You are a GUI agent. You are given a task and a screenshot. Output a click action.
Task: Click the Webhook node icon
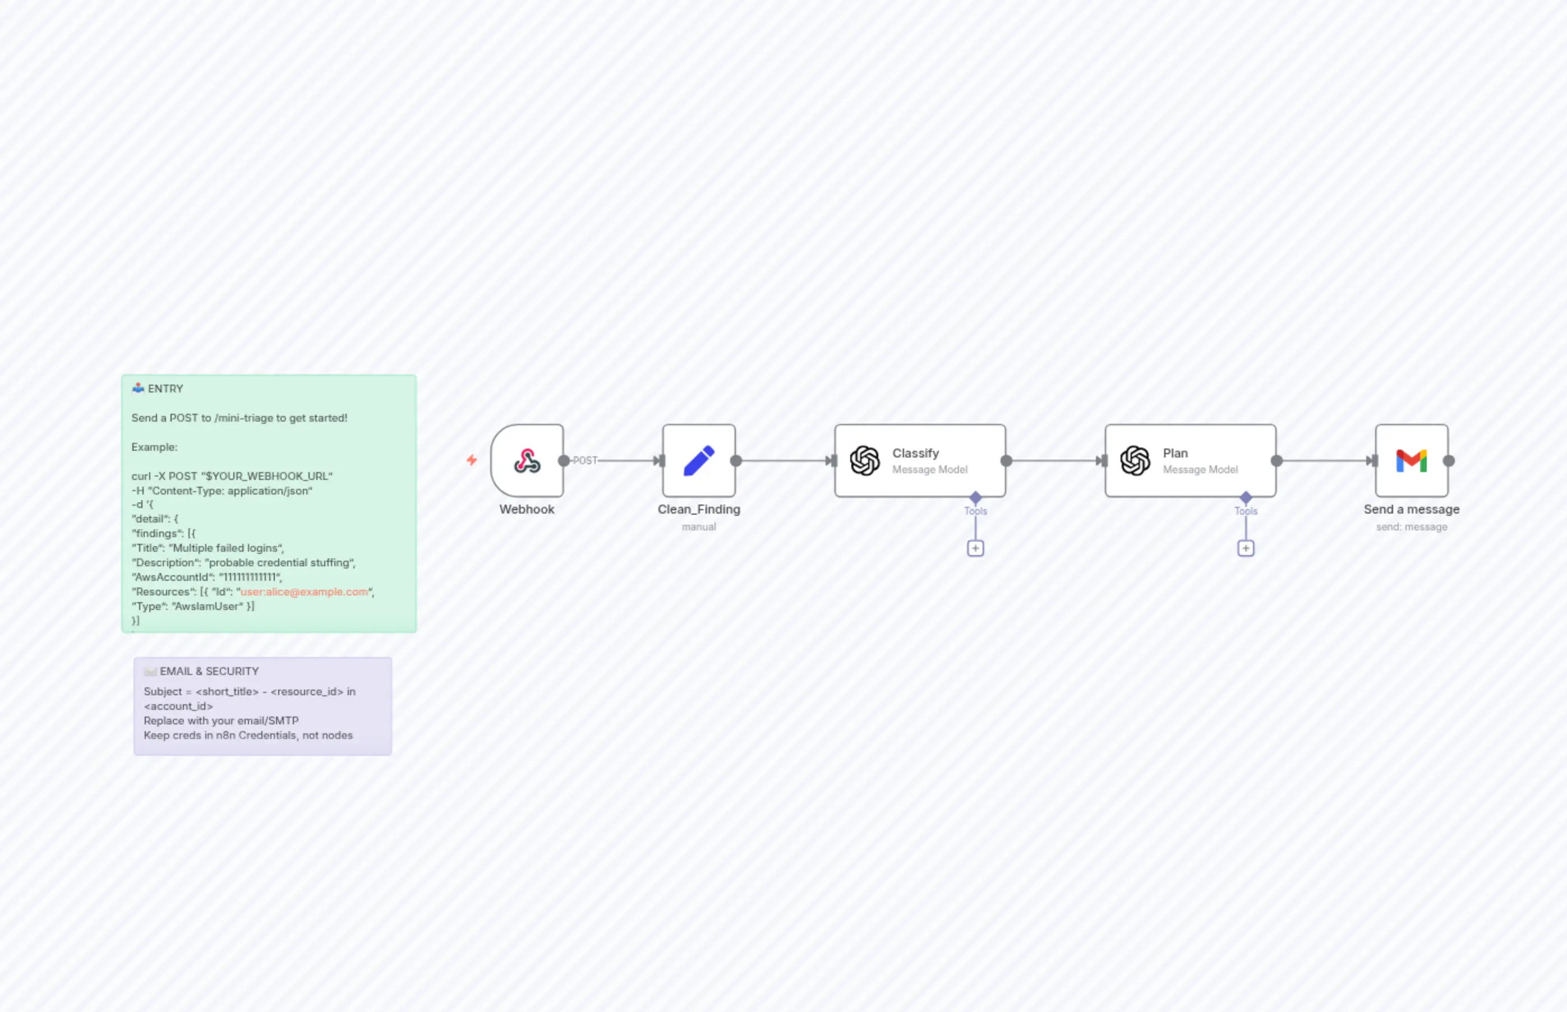point(527,461)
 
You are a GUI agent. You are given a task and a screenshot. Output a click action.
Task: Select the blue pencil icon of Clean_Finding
point(699,461)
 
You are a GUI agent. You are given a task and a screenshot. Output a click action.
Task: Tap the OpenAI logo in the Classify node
point(864,461)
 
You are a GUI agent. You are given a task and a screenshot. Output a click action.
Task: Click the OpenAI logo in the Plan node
point(1135,461)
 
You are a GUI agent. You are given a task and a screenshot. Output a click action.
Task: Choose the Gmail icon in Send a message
point(1411,461)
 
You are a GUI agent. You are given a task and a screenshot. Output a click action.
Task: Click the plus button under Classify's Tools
point(975,548)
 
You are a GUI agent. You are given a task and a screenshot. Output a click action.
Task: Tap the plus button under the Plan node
point(1246,548)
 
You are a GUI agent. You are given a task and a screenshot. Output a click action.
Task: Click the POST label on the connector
point(585,461)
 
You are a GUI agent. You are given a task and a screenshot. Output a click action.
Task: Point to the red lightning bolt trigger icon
point(471,460)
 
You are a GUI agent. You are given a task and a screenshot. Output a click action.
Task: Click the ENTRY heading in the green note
point(165,389)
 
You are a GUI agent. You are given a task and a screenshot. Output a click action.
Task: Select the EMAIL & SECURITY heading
point(209,671)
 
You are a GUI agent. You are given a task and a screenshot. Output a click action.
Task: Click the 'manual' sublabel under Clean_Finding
point(699,527)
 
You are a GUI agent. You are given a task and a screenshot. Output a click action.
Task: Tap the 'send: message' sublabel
point(1411,527)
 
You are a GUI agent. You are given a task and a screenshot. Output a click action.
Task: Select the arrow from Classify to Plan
point(1055,461)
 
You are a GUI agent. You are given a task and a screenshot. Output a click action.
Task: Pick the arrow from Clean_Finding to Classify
point(785,461)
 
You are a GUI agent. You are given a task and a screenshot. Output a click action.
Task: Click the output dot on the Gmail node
point(1449,461)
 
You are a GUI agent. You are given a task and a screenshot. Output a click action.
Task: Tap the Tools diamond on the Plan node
point(1246,497)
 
